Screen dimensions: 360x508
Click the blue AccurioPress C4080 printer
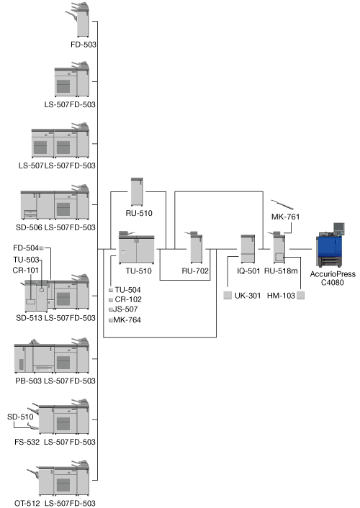(x=330, y=245)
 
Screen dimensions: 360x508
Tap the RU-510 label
(x=139, y=213)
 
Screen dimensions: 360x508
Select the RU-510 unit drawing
(x=137, y=191)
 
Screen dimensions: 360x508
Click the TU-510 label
(x=138, y=271)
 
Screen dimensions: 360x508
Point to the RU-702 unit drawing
(x=195, y=248)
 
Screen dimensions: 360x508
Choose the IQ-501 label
(x=248, y=271)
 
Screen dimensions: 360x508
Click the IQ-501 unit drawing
(x=248, y=249)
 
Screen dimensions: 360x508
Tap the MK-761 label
(x=285, y=217)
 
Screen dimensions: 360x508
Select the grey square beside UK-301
(x=228, y=295)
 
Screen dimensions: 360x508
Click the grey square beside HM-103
(x=301, y=295)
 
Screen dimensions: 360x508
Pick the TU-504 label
(x=127, y=290)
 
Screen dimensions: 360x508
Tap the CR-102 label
(x=128, y=299)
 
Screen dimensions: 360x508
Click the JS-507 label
(x=125, y=309)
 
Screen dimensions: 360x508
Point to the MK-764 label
(x=127, y=320)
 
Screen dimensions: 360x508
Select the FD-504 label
(x=26, y=248)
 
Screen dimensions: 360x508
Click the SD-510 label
(x=20, y=417)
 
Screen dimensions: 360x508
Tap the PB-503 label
(x=29, y=381)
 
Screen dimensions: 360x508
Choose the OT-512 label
(x=27, y=503)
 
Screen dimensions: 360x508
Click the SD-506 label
(x=29, y=227)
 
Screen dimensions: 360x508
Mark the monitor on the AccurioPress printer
(x=339, y=228)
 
